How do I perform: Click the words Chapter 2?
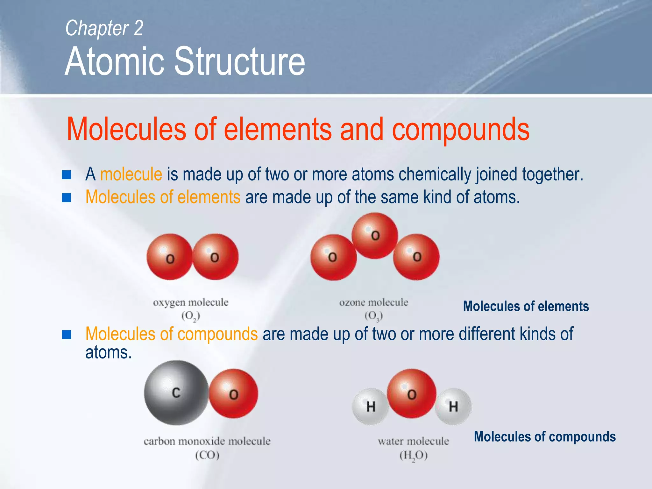[104, 28]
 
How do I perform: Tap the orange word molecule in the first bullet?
[131, 174]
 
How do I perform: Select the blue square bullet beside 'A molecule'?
[67, 175]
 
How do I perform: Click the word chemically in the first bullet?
[436, 174]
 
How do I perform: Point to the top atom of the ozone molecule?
[375, 236]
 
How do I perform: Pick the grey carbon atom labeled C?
[176, 393]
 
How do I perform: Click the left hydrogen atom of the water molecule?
[370, 407]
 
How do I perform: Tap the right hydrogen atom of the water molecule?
[453, 407]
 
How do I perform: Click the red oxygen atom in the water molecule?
[411, 393]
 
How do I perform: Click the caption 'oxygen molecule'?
[190, 302]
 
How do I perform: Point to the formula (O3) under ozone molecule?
[373, 316]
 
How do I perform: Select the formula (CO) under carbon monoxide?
[207, 455]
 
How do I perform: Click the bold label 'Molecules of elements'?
[526, 306]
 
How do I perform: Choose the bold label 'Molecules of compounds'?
[545, 436]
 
